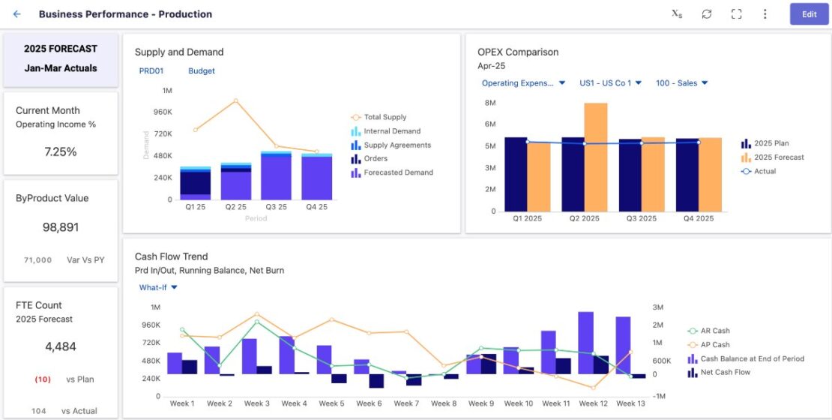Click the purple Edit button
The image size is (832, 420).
[x=809, y=14]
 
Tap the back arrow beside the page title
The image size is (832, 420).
[x=17, y=14]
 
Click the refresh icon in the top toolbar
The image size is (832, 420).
[x=706, y=14]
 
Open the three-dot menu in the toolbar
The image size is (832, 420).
[x=765, y=14]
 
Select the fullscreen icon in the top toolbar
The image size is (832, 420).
[x=736, y=14]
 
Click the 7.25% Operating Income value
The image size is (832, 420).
[x=61, y=151]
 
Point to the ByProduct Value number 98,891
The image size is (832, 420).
[x=61, y=227]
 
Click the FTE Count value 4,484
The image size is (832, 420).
[x=61, y=346]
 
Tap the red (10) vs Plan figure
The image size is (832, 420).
[x=43, y=379]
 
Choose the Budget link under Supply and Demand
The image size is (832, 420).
[x=201, y=71]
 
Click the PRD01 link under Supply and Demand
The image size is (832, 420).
[x=151, y=71]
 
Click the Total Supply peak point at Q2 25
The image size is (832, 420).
[x=235, y=100]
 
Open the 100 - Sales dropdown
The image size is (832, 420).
[x=681, y=83]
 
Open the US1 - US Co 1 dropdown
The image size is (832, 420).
[x=610, y=83]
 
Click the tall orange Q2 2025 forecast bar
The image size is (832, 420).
[x=596, y=157]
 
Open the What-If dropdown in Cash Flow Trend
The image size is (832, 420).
[x=158, y=287]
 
